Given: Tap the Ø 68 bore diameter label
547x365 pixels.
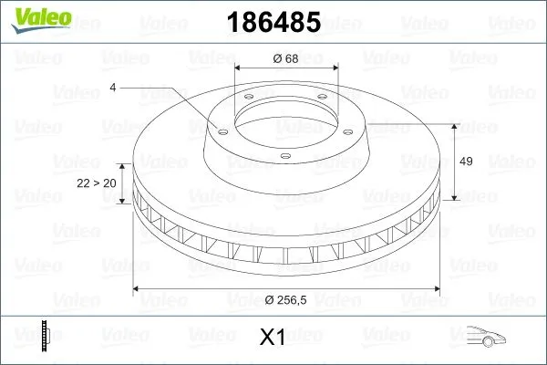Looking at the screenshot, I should point(286,59).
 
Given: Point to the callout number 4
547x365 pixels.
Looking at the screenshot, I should point(112,87).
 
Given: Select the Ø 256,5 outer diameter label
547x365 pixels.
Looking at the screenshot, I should point(286,300).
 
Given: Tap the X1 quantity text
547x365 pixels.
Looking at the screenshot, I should point(273,339).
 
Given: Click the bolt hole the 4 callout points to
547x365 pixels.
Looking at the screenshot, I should point(218,130).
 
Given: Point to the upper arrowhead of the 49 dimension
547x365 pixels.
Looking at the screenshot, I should point(453,127).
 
